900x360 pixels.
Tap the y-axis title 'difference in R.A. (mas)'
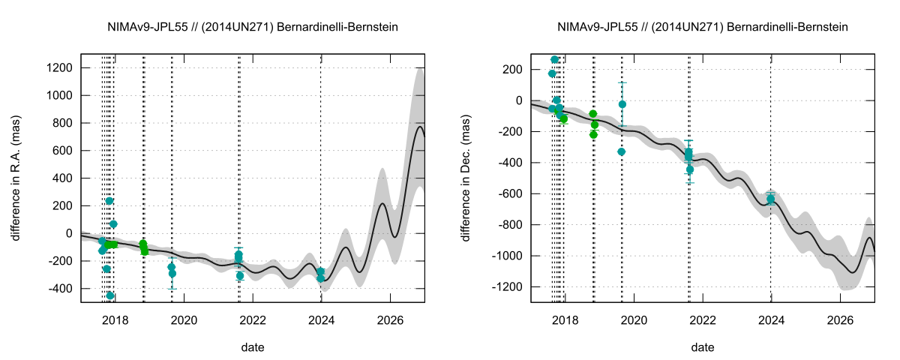click(x=16, y=178)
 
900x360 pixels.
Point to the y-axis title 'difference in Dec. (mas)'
click(x=466, y=178)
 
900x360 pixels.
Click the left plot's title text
click(x=253, y=28)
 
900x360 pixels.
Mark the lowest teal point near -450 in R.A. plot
click(x=110, y=295)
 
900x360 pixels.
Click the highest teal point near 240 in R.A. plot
click(x=109, y=201)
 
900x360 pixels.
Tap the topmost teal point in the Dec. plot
click(x=555, y=60)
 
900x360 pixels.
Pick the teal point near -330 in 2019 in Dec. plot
click(x=621, y=151)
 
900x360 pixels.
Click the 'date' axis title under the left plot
click(x=253, y=347)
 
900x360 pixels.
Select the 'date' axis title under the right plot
click(x=703, y=347)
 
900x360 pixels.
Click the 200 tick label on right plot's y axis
click(x=514, y=70)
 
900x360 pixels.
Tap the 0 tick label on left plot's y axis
click(x=69, y=233)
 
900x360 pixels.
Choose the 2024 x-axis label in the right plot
click(x=771, y=319)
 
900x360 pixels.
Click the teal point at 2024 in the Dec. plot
click(x=771, y=199)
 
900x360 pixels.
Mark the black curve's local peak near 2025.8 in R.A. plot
click(x=382, y=203)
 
